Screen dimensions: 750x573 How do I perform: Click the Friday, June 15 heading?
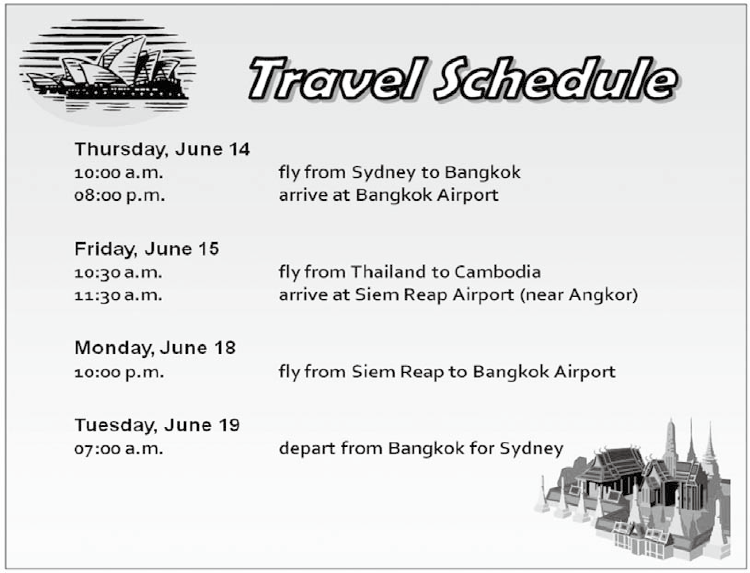147,249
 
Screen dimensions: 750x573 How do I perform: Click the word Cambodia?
498,272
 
